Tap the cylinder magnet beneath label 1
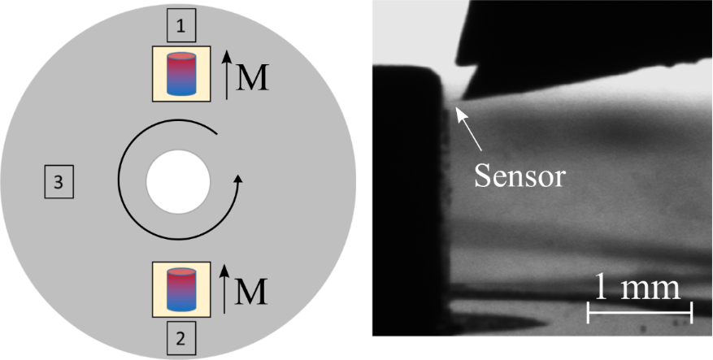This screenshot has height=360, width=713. coord(181,74)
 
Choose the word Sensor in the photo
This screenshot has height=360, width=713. coord(520,175)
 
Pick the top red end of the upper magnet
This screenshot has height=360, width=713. coord(181,59)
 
